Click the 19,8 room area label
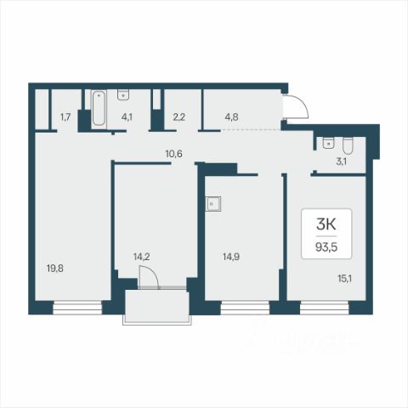tap(55, 268)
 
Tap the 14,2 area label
tap(142, 257)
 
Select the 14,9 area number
tap(231, 257)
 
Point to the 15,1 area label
tap(344, 279)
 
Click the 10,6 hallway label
tap(174, 154)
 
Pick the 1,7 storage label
tap(65, 116)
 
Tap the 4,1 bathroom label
tap(127, 116)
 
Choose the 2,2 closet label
tap(179, 116)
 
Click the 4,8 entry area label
tap(231, 116)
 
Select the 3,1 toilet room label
tap(341, 161)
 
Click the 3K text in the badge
tap(326, 224)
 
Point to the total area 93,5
tap(326, 247)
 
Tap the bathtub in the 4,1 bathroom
tap(99, 108)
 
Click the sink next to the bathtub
tap(123, 94)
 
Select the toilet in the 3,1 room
tap(348, 145)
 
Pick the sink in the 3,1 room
tap(328, 143)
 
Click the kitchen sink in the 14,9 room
tap(213, 203)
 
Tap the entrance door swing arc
tap(300, 103)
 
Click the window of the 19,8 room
tap(77, 308)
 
